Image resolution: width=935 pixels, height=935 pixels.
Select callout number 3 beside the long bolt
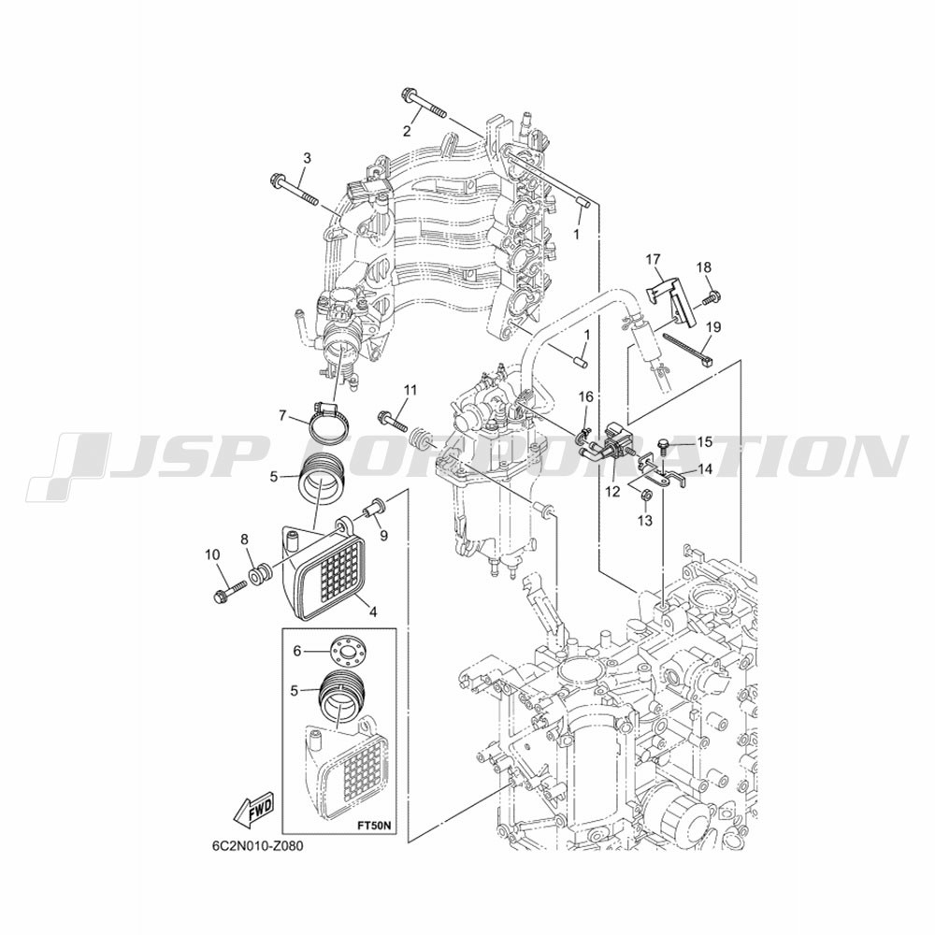tap(307, 158)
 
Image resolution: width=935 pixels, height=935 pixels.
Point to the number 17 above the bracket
tap(654, 259)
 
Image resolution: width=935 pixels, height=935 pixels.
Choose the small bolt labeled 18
tap(712, 296)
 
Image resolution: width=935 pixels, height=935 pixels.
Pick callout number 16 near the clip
tap(586, 396)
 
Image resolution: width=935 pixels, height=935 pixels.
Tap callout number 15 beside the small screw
tap(705, 442)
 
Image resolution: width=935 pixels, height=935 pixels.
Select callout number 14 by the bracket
tap(705, 469)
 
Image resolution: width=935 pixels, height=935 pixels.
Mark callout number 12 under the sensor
tap(612, 492)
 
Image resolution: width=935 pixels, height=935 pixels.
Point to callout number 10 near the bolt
tap(212, 554)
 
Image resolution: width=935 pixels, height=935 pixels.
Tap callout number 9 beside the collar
tap(383, 536)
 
